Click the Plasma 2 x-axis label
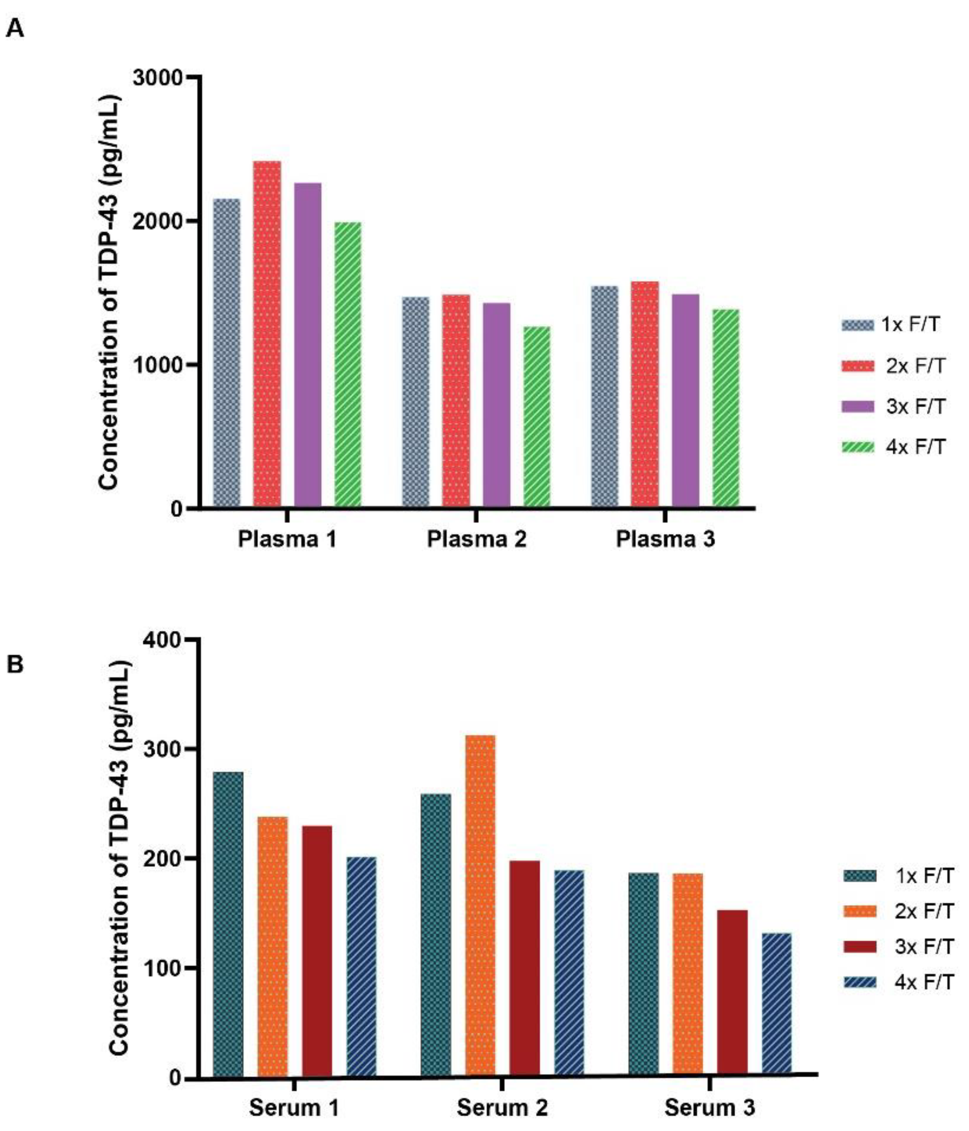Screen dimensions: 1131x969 (476, 539)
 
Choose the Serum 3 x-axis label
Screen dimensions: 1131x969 (709, 1108)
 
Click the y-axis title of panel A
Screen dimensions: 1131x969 (109, 292)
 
